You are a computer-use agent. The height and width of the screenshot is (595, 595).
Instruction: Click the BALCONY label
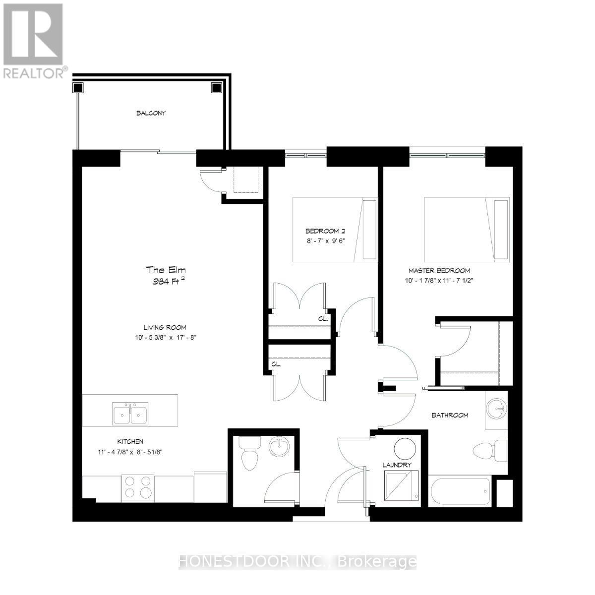tap(151, 113)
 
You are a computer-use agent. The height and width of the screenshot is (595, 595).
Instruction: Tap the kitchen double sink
tap(130, 413)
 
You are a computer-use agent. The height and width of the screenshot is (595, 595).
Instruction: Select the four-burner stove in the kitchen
tap(138, 486)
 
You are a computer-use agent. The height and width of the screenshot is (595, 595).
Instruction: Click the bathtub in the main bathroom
tap(460, 492)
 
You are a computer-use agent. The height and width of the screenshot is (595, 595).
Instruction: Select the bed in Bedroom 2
tap(335, 230)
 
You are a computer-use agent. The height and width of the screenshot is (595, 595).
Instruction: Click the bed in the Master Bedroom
tap(466, 229)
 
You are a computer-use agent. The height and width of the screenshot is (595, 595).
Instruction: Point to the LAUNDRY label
tap(397, 465)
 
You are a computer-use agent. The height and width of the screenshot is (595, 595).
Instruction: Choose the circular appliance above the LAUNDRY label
tap(405, 449)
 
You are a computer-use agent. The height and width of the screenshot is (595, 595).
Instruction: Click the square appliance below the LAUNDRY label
tap(401, 488)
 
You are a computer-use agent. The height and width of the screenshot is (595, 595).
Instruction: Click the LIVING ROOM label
tap(165, 327)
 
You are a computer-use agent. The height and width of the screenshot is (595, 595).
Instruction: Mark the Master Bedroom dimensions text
tap(439, 280)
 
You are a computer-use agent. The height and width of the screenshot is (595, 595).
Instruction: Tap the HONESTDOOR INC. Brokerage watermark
tap(297, 561)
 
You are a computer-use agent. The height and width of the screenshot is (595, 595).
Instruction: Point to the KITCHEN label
tap(130, 441)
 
